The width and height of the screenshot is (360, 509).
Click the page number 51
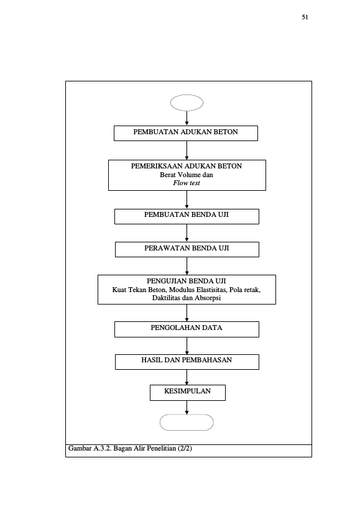(x=305, y=17)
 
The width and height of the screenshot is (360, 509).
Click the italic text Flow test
(x=187, y=183)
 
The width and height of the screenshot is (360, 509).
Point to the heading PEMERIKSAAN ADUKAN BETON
(x=187, y=166)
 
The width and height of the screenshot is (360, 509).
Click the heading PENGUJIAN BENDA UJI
(x=187, y=281)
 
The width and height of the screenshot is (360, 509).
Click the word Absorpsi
(x=208, y=298)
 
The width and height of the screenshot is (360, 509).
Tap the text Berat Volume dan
(x=187, y=175)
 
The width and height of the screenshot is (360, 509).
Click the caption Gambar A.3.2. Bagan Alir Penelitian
(x=122, y=448)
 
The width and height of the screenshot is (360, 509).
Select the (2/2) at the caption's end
(x=185, y=448)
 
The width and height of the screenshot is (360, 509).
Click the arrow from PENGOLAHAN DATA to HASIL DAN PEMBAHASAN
(x=187, y=346)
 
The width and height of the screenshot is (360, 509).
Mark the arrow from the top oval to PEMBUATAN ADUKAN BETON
(x=187, y=118)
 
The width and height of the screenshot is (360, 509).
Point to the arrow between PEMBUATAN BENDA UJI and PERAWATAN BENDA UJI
(x=187, y=233)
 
